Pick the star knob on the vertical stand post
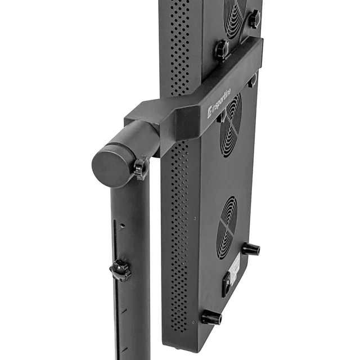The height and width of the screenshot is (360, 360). [x=120, y=270]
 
